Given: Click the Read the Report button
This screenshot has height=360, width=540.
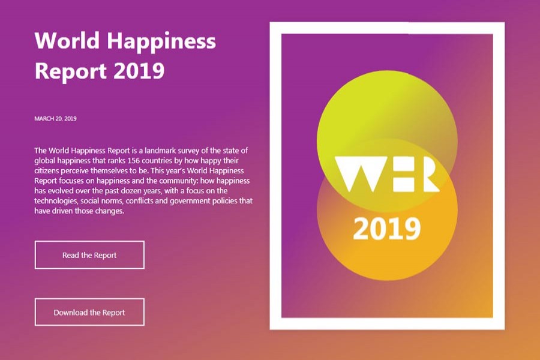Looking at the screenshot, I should click(x=89, y=255).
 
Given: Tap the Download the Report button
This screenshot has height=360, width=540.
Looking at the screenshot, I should click(x=89, y=312).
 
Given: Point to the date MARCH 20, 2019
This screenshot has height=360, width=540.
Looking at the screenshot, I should click(x=56, y=118).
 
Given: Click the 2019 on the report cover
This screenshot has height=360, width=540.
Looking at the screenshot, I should click(x=386, y=228).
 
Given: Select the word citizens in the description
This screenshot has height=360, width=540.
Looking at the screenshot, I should click(x=49, y=170).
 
